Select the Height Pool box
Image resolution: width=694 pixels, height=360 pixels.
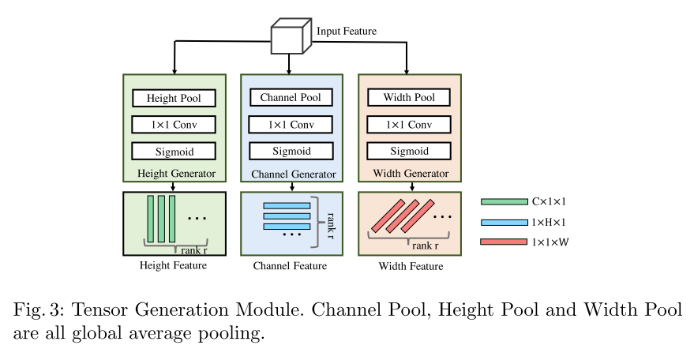(174, 99)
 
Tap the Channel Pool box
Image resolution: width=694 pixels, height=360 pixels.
(291, 98)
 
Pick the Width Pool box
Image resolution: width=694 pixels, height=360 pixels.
(409, 98)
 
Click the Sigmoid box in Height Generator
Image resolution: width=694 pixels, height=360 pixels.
(174, 151)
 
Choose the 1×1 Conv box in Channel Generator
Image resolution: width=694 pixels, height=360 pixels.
(291, 125)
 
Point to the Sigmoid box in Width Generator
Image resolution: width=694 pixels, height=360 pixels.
(409, 151)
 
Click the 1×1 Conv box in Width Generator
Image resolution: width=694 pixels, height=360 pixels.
(409, 125)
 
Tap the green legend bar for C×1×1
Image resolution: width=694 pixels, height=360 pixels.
(504, 202)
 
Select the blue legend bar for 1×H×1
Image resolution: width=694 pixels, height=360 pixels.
(504, 223)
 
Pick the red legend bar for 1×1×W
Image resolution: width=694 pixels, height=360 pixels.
(504, 242)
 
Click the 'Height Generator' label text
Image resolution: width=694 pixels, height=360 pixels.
(174, 173)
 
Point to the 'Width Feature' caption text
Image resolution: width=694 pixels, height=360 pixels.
(411, 266)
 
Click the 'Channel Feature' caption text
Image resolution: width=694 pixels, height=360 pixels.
(290, 266)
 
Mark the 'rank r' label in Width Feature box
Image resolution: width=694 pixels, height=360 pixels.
(425, 246)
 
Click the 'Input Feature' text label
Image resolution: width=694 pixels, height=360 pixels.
(347, 32)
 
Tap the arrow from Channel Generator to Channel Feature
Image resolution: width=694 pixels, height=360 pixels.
(292, 186)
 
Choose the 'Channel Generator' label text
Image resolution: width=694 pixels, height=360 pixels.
(293, 174)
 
